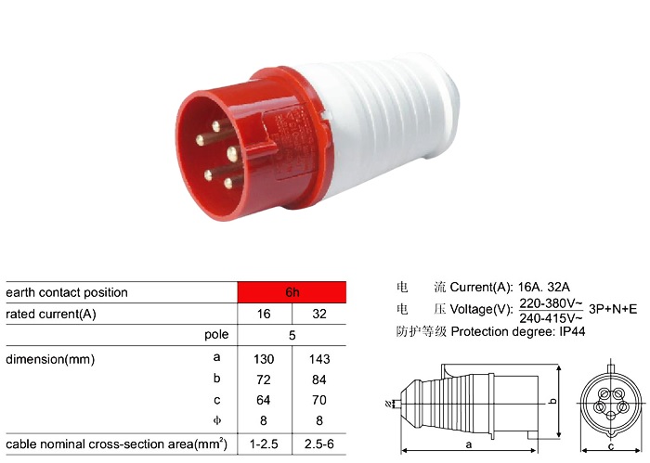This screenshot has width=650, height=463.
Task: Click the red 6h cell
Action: pyautogui.click(x=292, y=292)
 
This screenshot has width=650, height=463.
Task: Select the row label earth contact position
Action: pyautogui.click(x=67, y=292)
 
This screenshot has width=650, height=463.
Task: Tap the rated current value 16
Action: pyautogui.click(x=265, y=315)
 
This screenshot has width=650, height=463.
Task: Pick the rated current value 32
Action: pyautogui.click(x=319, y=315)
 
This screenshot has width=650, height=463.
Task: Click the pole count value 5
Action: pyautogui.click(x=292, y=336)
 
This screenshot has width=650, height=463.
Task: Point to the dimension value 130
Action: pyautogui.click(x=265, y=358)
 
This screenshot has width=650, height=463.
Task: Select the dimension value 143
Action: pyautogui.click(x=319, y=358)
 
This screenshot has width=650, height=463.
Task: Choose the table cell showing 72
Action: pyautogui.click(x=265, y=379)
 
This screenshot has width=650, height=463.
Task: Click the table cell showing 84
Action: pyautogui.click(x=319, y=379)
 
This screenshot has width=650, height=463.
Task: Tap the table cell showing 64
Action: pyautogui.click(x=265, y=401)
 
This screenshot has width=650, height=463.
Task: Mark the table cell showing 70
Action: pyautogui.click(x=319, y=401)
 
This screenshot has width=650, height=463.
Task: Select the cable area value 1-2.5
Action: pyautogui.click(x=265, y=444)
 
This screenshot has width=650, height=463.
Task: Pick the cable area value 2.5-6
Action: pyautogui.click(x=319, y=444)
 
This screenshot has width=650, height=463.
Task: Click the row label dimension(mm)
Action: pyautogui.click(x=50, y=358)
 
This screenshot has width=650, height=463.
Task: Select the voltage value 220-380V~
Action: pyautogui.click(x=551, y=302)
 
